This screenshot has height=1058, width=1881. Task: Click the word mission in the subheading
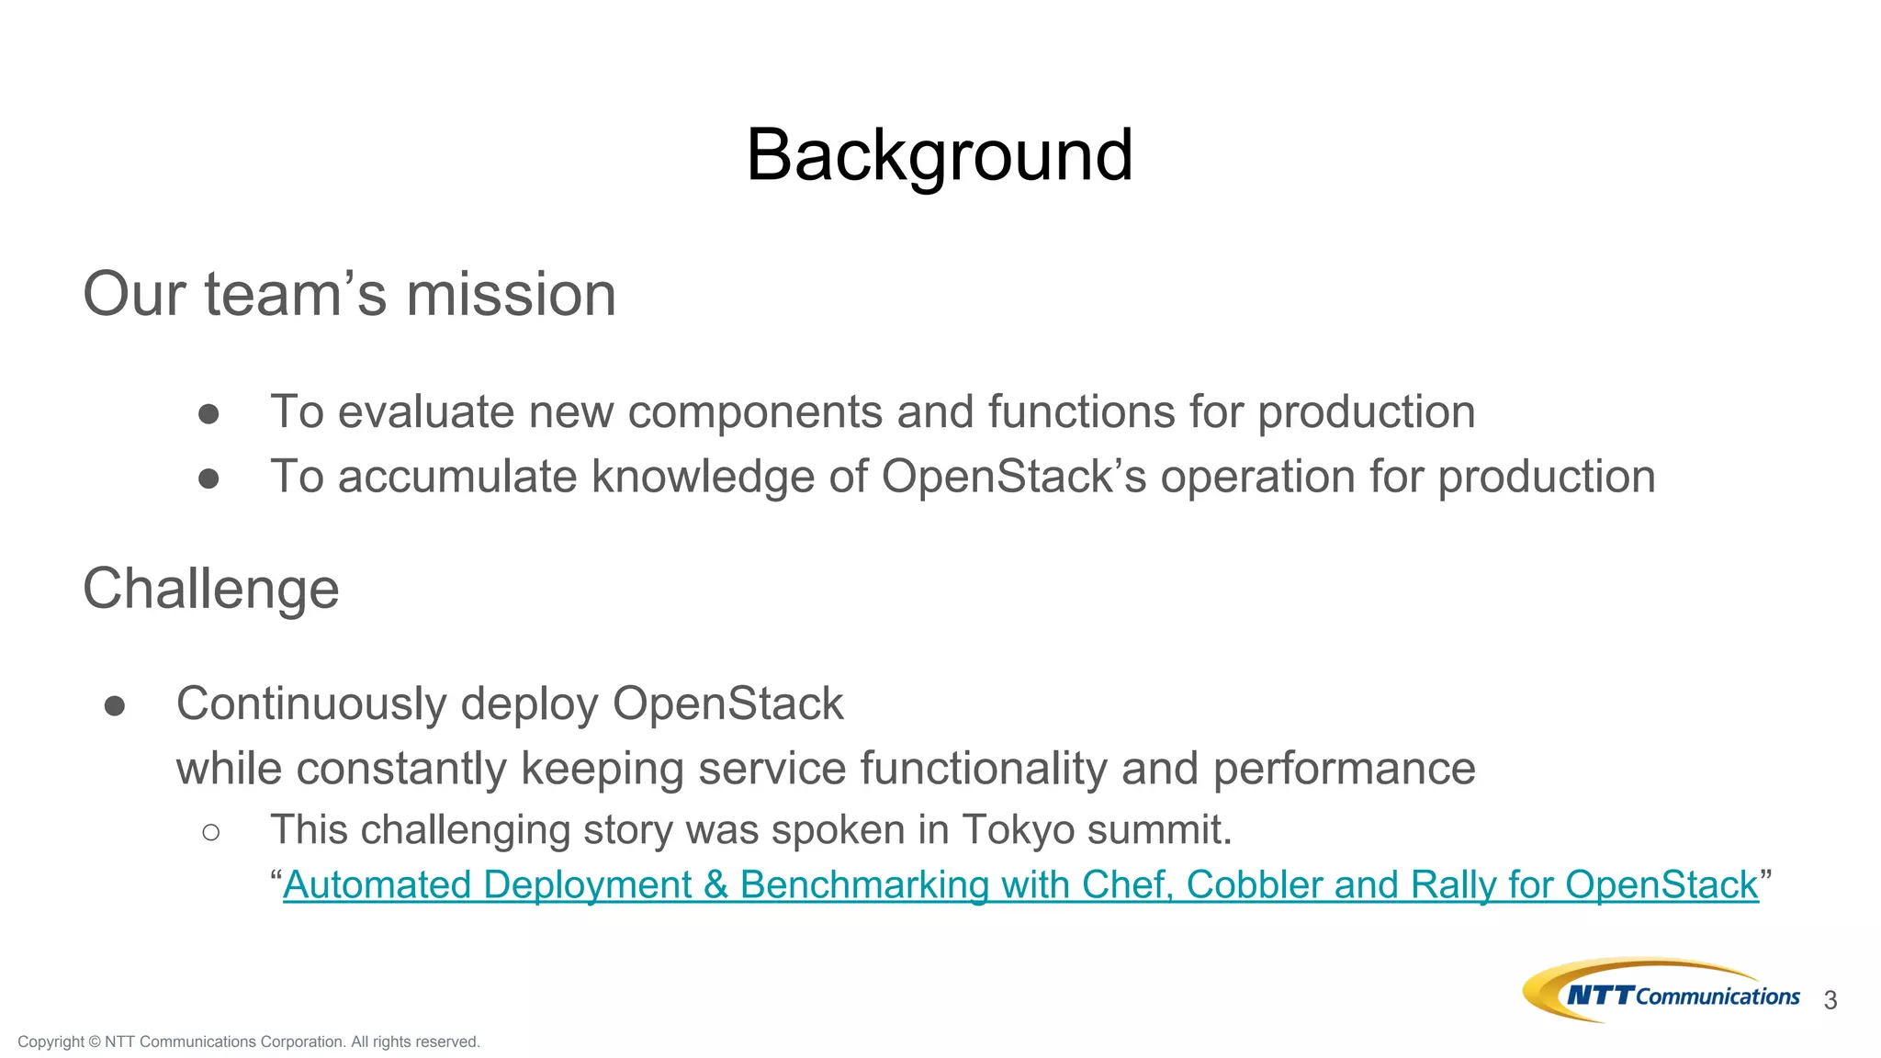[x=511, y=296]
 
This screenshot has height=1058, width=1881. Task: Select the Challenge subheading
[x=211, y=589]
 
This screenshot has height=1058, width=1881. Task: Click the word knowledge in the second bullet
[x=702, y=478]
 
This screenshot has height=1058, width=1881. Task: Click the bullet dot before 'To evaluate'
[x=208, y=414]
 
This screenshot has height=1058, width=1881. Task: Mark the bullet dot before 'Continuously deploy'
[x=115, y=705]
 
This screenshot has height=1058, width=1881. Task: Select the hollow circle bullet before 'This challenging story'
[x=210, y=832]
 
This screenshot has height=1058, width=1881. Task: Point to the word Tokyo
[x=1018, y=830]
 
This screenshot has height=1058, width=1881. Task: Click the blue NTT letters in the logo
[x=1600, y=996]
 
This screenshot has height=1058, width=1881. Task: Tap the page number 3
[x=1830, y=1001]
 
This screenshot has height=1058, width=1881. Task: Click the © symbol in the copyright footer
[x=95, y=1041]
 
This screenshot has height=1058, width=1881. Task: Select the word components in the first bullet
[x=754, y=412]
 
